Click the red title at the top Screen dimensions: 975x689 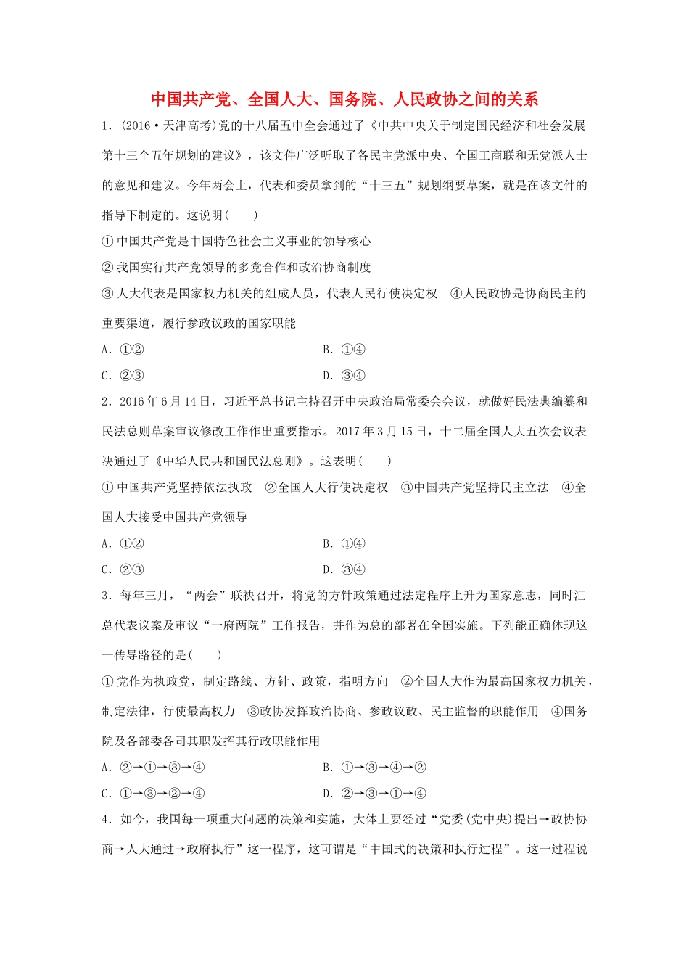[x=344, y=99]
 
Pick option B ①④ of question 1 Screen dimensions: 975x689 [x=344, y=350]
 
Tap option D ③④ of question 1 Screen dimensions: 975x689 [x=344, y=376]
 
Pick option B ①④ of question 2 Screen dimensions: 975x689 [x=344, y=543]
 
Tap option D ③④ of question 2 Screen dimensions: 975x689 [x=344, y=569]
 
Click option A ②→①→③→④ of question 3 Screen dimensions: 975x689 [x=153, y=767]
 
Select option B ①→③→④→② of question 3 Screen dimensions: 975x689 [x=374, y=767]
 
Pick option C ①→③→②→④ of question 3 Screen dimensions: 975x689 [x=153, y=793]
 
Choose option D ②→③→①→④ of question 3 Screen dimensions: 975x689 [x=374, y=793]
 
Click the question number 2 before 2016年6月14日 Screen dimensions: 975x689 [x=105, y=402]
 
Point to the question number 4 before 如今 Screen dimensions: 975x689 [x=105, y=820]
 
